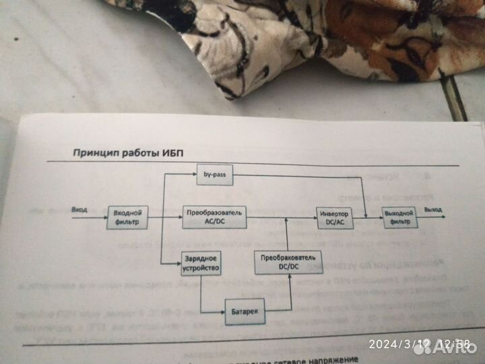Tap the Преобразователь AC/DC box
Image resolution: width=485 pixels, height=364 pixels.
pos(212,218)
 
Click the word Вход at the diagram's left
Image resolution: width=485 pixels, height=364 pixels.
pos(79,210)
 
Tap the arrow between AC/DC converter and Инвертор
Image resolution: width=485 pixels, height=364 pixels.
pos(280,218)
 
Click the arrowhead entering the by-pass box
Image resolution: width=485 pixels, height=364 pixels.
pos(193,174)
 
